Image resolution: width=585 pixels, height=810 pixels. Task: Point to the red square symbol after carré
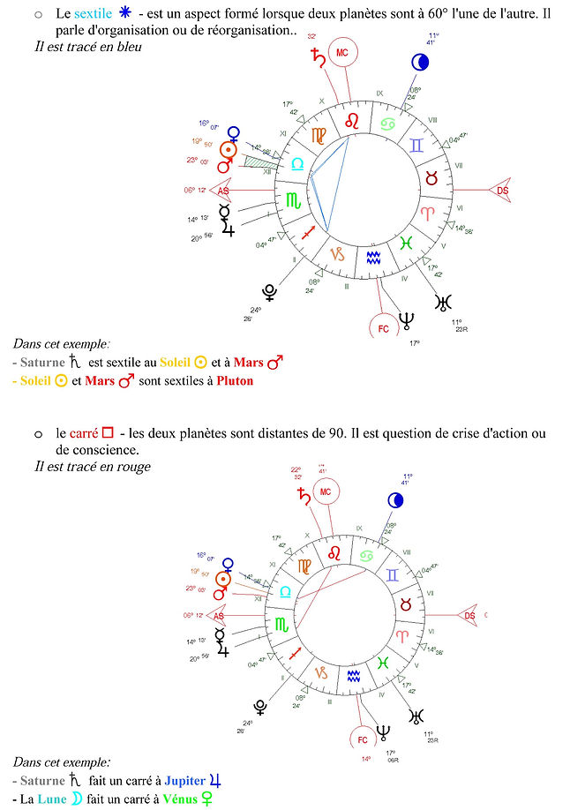click(108, 433)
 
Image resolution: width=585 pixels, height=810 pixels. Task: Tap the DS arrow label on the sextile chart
click(503, 190)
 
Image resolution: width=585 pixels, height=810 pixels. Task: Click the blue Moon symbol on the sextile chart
click(420, 62)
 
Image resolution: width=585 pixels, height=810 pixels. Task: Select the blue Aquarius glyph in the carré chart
click(353, 676)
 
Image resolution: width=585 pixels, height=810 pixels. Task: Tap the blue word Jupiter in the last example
click(184, 781)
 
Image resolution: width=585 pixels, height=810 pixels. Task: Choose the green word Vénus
click(182, 799)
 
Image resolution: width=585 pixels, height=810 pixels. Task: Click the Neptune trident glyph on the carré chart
click(383, 731)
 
